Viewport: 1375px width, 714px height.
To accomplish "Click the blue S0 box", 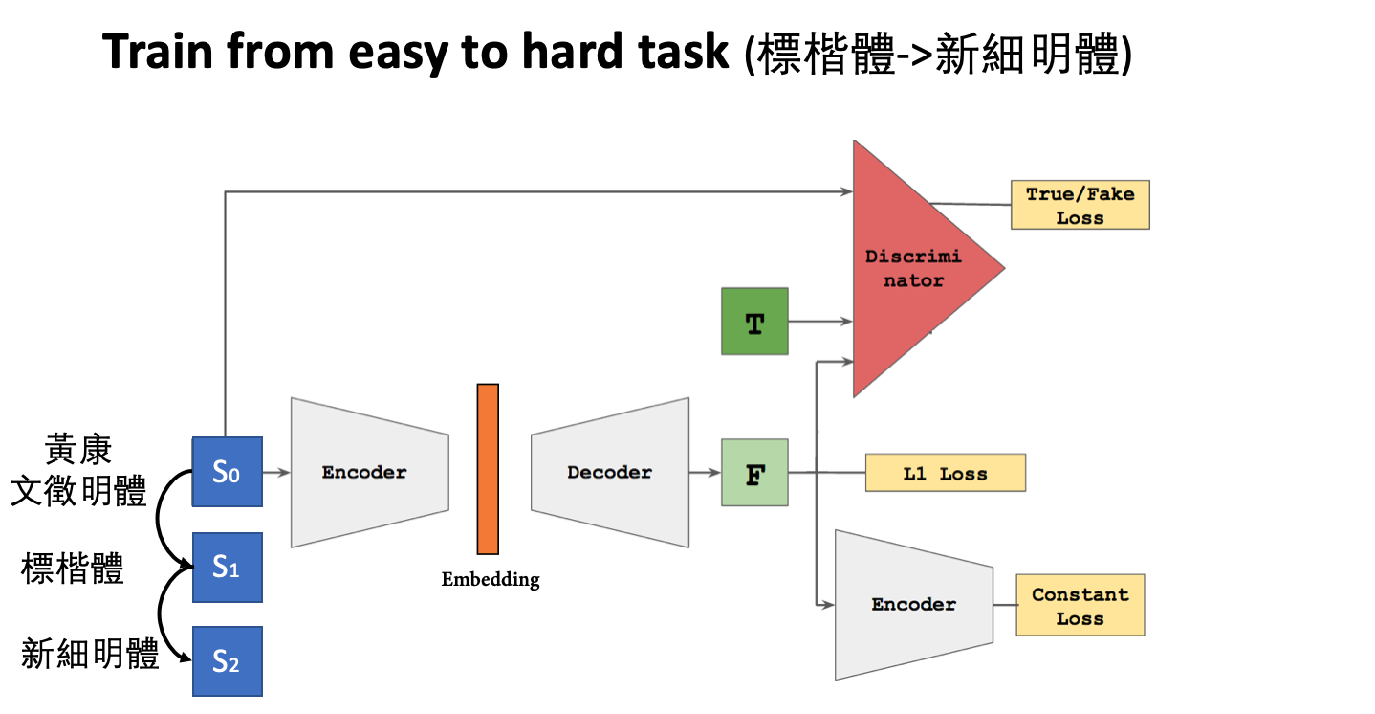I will click(227, 471).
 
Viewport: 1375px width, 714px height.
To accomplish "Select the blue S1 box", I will click(227, 568).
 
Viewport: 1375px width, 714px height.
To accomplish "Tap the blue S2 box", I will click(227, 660).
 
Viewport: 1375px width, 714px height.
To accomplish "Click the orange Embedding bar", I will click(488, 469).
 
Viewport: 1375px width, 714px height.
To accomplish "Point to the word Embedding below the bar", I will click(490, 579).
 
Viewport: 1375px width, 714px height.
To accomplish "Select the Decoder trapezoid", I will click(610, 472).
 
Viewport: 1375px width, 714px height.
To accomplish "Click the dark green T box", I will click(754, 322).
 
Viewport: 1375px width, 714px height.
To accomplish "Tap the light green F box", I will click(754, 472).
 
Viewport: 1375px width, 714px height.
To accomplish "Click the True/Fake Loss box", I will click(1080, 205).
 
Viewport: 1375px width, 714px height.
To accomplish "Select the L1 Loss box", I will click(945, 473).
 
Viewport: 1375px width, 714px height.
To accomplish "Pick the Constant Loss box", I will click(1080, 605).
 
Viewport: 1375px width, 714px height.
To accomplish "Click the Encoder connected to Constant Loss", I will click(913, 604).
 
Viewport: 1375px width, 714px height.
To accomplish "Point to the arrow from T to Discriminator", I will click(819, 322).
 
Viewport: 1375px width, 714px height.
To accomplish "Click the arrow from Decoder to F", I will click(705, 472).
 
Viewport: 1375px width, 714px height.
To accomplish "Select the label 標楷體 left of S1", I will click(73, 569).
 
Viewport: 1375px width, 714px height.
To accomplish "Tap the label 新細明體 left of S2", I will click(90, 655).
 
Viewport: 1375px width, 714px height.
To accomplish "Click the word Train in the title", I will click(158, 52).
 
